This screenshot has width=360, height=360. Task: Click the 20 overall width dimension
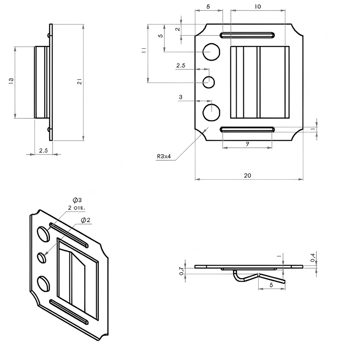pyautogui.click(x=247, y=176)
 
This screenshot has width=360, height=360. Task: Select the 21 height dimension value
pyautogui.click(x=80, y=81)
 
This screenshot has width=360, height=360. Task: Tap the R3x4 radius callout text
pyautogui.click(x=164, y=157)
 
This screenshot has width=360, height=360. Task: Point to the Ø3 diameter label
pyautogui.click(x=77, y=200)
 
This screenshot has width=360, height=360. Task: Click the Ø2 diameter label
pyautogui.click(x=86, y=220)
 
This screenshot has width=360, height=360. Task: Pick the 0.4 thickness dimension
pyautogui.click(x=313, y=258)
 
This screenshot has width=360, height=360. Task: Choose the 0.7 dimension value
pyautogui.click(x=181, y=271)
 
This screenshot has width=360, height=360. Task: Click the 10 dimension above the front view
pyautogui.click(x=258, y=6)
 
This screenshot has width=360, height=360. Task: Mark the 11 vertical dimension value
pyautogui.click(x=144, y=50)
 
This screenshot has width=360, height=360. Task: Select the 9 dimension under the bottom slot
pyautogui.click(x=247, y=144)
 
